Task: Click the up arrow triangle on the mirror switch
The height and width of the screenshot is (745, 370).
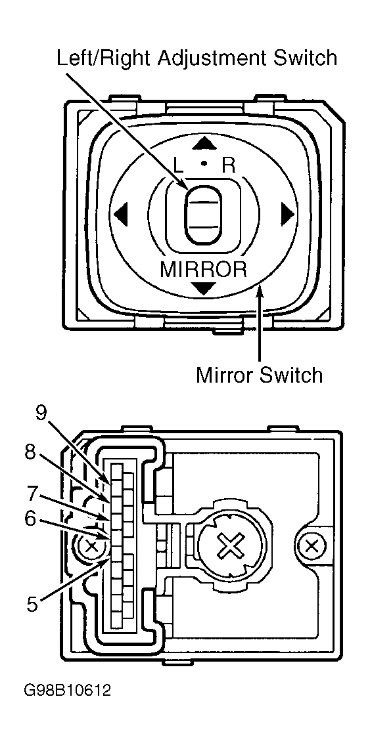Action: point(204,142)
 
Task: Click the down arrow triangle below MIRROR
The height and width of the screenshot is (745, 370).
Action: point(204,287)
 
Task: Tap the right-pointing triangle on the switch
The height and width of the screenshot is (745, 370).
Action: point(287,214)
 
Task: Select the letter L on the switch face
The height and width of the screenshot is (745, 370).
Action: point(179,165)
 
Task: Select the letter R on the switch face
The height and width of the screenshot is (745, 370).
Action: point(228,165)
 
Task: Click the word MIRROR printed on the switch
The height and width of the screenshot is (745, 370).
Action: point(204,269)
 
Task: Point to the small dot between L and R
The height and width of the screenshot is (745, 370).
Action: point(204,162)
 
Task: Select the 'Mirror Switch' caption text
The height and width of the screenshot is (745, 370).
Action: point(260,375)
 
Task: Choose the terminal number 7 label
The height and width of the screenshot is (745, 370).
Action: point(32,492)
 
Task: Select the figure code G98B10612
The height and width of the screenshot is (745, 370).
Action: point(68,691)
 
